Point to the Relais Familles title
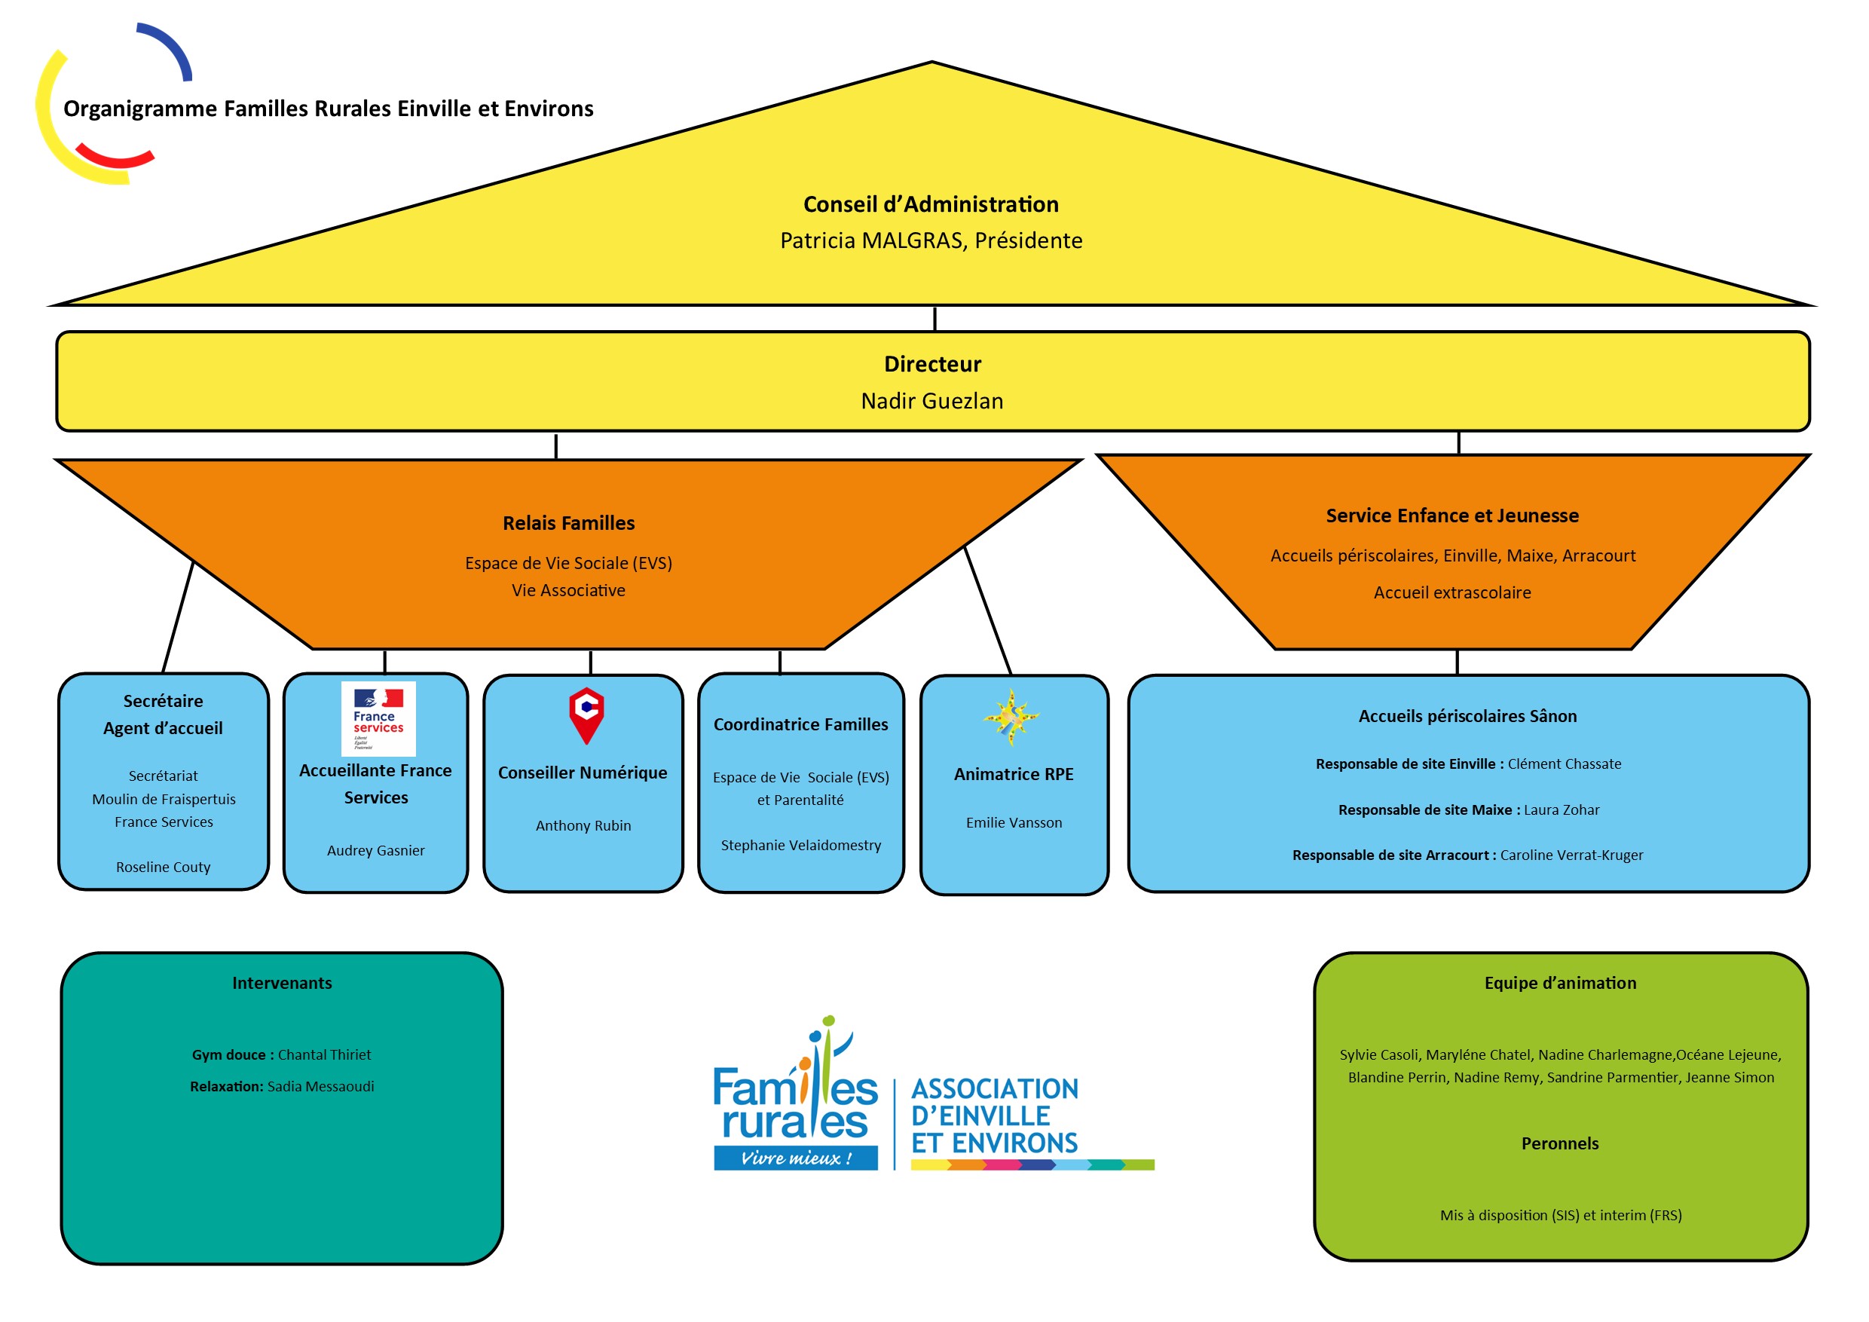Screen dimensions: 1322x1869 click(568, 523)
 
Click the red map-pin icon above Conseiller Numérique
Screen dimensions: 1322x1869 click(586, 715)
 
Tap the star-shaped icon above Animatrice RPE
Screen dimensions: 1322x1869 click(1011, 718)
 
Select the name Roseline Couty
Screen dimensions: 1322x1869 click(163, 867)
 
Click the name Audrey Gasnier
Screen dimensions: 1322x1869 click(375, 851)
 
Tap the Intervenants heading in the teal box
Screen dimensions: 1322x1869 click(282, 984)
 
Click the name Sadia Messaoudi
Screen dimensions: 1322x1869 click(321, 1087)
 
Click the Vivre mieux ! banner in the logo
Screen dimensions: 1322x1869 click(795, 1158)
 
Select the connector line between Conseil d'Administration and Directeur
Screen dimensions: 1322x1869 click(934, 319)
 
